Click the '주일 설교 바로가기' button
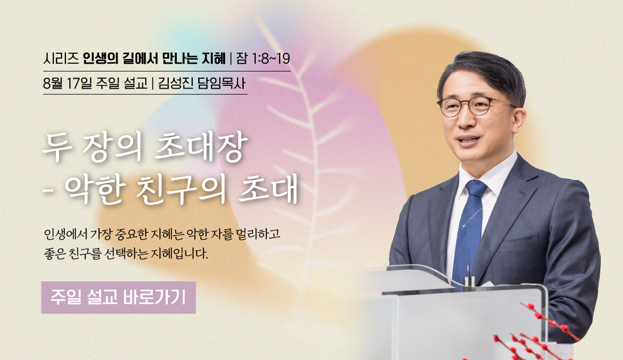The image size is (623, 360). [119, 297]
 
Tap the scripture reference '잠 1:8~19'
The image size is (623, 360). [263, 59]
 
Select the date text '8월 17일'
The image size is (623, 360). [68, 84]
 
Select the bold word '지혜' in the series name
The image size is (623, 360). [214, 59]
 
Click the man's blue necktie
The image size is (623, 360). [469, 230]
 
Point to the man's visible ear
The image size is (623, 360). [518, 119]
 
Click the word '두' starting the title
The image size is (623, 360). [57, 147]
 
